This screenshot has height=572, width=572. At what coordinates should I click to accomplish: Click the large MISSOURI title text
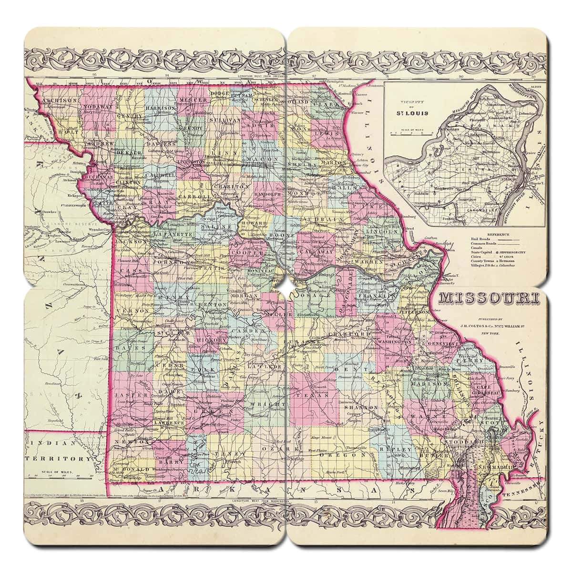pos(489,298)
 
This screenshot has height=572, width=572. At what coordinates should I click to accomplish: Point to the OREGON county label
pos(341,455)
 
